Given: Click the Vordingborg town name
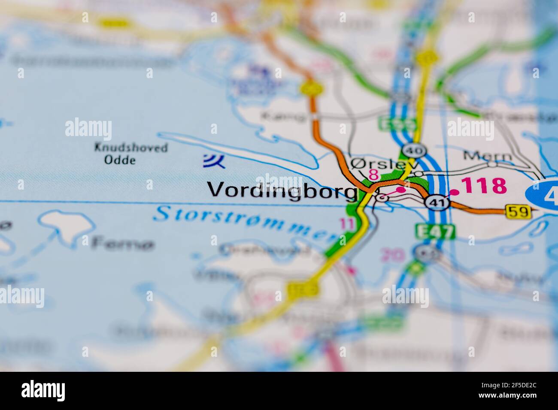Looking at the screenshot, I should [x=282, y=190].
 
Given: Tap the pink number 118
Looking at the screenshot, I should [x=485, y=186].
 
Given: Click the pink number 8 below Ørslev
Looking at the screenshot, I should [x=373, y=175].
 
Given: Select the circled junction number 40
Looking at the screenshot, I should [x=420, y=151].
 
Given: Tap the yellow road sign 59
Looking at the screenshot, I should [x=518, y=211].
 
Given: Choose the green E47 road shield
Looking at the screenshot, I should [x=435, y=232].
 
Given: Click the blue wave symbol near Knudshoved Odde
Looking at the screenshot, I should [x=214, y=160].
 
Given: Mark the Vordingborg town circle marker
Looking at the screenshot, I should [x=382, y=197].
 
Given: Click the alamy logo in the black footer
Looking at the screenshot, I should [x=43, y=391].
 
